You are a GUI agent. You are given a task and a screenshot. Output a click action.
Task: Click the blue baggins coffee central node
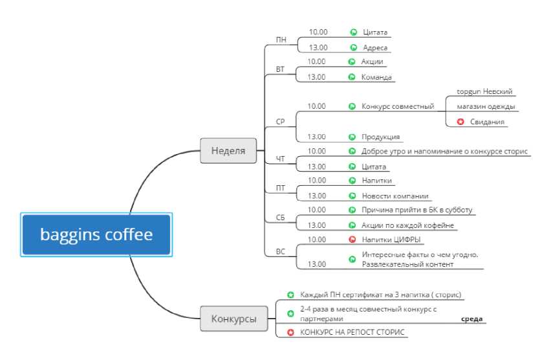pyautogui.click(x=96, y=234)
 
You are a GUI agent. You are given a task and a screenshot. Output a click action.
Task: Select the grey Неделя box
pyautogui.click(x=228, y=150)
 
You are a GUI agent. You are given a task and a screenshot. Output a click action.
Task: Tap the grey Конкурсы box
pyautogui.click(x=234, y=318)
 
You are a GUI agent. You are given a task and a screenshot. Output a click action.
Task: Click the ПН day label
pyautogui.click(x=281, y=40)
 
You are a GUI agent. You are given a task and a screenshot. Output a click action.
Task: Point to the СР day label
pyautogui.click(x=280, y=122)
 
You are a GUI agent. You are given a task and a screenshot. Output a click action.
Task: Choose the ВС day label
pyautogui.click(x=280, y=251)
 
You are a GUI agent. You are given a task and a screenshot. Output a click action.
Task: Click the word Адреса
pyautogui.click(x=375, y=47)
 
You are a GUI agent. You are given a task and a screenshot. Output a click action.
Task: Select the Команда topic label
pyautogui.click(x=376, y=77)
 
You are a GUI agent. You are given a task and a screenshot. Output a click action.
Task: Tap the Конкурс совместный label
pyautogui.click(x=398, y=106)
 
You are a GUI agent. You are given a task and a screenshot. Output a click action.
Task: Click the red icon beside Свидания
pyautogui.click(x=461, y=122)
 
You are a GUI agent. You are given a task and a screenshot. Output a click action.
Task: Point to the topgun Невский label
pyautogui.click(x=484, y=91)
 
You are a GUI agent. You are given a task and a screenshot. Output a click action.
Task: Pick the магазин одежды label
pyautogui.click(x=486, y=106)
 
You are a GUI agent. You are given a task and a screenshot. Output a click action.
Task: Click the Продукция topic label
pyautogui.click(x=380, y=137)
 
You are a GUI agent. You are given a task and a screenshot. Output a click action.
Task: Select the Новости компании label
pyautogui.click(x=395, y=196)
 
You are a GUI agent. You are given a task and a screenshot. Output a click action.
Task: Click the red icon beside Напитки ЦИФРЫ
pyautogui.click(x=352, y=240)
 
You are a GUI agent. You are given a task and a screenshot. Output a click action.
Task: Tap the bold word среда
pyautogui.click(x=472, y=319)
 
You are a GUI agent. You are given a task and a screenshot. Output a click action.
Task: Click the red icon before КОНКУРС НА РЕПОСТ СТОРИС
pyautogui.click(x=290, y=332)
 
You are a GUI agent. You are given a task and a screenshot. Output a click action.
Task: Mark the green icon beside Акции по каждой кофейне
pyautogui.click(x=352, y=225)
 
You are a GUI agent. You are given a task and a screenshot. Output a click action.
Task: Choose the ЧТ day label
pyautogui.click(x=280, y=159)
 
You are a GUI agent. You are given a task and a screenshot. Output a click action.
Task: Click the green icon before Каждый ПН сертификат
pyautogui.click(x=290, y=295)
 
